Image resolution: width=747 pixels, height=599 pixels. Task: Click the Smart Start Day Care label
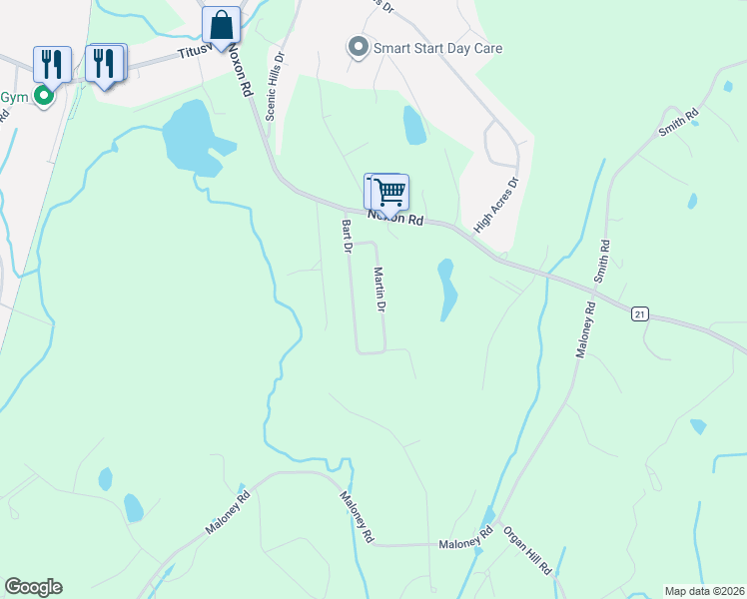pos(437,47)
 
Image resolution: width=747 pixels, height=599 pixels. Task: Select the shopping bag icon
pos(221,27)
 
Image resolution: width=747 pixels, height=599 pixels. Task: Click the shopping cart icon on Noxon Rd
pos(389,192)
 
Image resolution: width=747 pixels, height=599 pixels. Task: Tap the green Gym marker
pos(43,96)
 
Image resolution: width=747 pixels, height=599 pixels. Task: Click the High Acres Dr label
pos(498,206)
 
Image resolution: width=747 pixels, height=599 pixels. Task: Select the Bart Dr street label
pos(347,236)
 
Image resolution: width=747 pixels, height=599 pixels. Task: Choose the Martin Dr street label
pos(379,290)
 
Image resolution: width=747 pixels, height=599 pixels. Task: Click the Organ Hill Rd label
pos(526,550)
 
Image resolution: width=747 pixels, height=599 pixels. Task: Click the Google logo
pos(33,587)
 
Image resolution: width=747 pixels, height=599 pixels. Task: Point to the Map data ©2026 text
pos(705,591)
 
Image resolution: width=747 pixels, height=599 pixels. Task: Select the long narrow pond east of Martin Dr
pos(446,291)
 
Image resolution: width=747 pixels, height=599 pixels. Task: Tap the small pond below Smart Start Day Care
pos(413,125)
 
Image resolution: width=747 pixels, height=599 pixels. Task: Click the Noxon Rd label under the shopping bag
pos(241,68)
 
